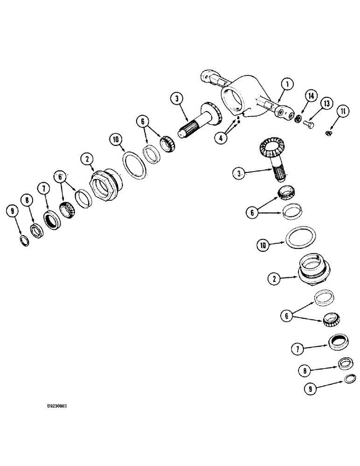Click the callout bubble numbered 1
click(x=288, y=84)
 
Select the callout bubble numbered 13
click(x=327, y=103)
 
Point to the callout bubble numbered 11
click(x=344, y=111)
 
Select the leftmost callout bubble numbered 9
click(x=14, y=212)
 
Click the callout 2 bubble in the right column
click(x=275, y=280)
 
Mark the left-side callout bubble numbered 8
click(x=28, y=201)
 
